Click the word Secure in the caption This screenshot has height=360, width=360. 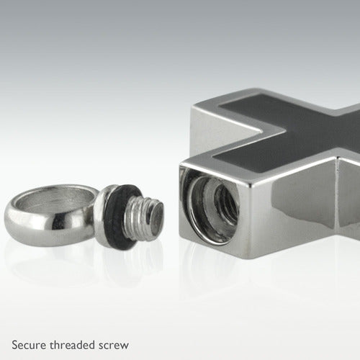point(29,345)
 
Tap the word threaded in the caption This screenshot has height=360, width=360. point(72,345)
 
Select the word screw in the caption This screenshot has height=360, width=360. point(114,346)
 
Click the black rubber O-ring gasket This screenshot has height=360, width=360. point(120,217)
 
